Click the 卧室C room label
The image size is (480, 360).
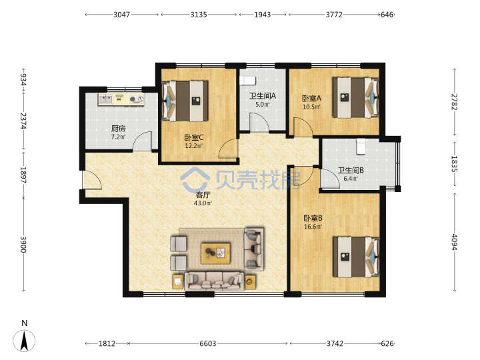(193, 137)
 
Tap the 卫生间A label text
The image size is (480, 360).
(263, 96)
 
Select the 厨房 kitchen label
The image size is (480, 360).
(118, 129)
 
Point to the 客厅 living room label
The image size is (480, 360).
(203, 195)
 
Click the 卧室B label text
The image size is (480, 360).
(313, 218)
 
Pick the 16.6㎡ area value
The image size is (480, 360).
(313, 227)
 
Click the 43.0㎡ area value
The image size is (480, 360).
(203, 203)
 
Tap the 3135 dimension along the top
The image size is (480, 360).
(199, 15)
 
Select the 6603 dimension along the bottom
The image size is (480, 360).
(208, 343)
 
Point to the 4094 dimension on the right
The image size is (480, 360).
(454, 242)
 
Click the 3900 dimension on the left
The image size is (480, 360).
(23, 244)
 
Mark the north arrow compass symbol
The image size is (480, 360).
(24, 341)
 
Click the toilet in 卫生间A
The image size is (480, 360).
(247, 81)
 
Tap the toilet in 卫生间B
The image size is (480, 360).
(361, 147)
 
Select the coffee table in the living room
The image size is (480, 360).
(215, 253)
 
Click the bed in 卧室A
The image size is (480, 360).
(356, 97)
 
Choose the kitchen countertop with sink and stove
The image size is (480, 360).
(121, 99)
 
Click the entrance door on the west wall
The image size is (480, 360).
(92, 179)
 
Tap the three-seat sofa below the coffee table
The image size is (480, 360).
(214, 281)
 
